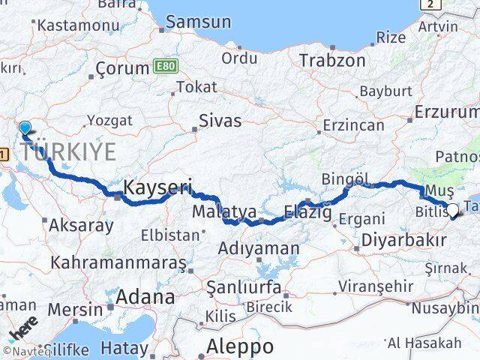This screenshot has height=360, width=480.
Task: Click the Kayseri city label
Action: [158, 187]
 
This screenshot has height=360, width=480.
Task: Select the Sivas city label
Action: [220, 120]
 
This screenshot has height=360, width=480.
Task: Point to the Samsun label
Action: [198, 22]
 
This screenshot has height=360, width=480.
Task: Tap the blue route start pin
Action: [25, 130]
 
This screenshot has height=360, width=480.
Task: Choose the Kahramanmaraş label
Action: [118, 263]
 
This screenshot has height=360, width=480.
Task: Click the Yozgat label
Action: [109, 120]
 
